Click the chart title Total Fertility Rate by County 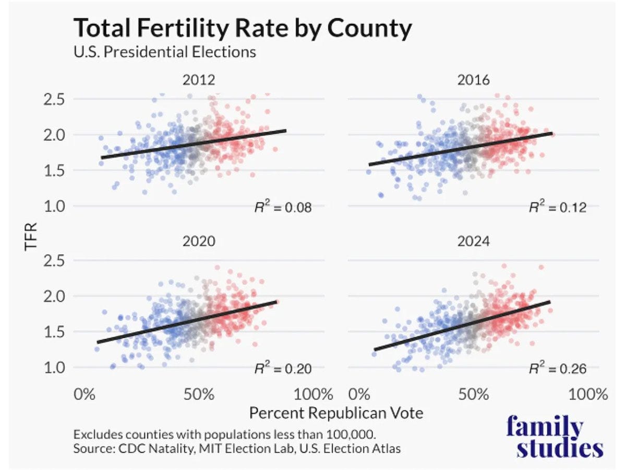242,28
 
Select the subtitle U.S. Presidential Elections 165,52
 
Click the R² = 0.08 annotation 279,207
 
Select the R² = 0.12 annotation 558,207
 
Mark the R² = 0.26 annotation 558,369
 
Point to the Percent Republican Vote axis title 336,413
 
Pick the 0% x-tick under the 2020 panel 84,394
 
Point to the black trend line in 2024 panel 462,326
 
